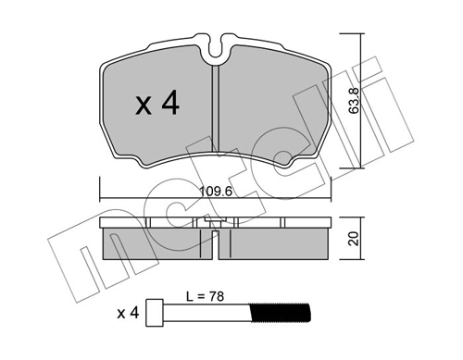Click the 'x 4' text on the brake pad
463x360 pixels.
156,104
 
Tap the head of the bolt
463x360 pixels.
161,313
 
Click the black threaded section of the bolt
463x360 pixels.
282,313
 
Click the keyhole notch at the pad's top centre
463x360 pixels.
215,43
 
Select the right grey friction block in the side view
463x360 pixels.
276,243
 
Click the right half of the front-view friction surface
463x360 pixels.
273,106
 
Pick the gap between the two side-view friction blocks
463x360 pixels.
215,245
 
